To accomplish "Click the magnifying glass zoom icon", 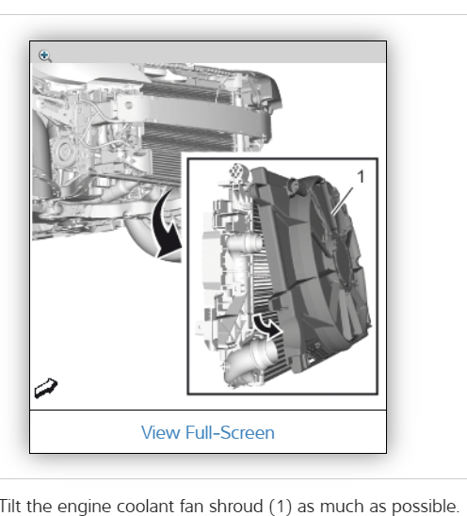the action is [x=45, y=56].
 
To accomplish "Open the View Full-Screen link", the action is [x=208, y=432].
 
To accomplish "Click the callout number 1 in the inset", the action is [x=361, y=177].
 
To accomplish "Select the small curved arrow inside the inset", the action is [x=267, y=326].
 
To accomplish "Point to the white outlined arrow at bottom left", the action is [x=46, y=388].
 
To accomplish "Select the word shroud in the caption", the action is [x=236, y=506].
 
